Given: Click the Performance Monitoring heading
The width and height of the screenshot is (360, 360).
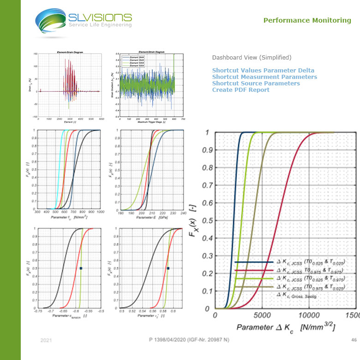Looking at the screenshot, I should [x=307, y=20].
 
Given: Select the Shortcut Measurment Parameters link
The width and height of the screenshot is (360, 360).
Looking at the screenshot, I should [x=264, y=77].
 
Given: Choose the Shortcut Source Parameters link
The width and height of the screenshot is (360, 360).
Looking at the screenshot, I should [x=256, y=84].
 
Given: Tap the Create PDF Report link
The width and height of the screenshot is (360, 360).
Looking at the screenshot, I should [x=240, y=90].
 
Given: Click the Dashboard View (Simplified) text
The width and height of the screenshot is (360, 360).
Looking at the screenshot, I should [x=252, y=58].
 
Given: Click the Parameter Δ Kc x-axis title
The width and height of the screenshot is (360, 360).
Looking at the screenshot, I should [x=286, y=328].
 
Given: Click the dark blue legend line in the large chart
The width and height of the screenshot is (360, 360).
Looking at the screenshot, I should [x=254, y=262].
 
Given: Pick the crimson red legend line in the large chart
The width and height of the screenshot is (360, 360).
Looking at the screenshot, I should [x=254, y=270].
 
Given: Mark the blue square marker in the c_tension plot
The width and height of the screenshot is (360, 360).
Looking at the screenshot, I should [x=81, y=268].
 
